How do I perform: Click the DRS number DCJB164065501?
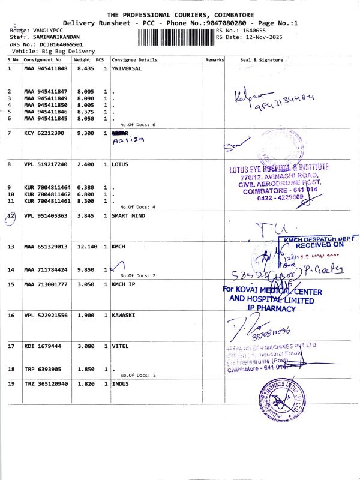(57, 44)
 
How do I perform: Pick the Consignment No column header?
(43, 60)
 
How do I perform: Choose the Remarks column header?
(214, 60)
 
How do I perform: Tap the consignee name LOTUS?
(119, 164)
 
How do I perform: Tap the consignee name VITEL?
(119, 346)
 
